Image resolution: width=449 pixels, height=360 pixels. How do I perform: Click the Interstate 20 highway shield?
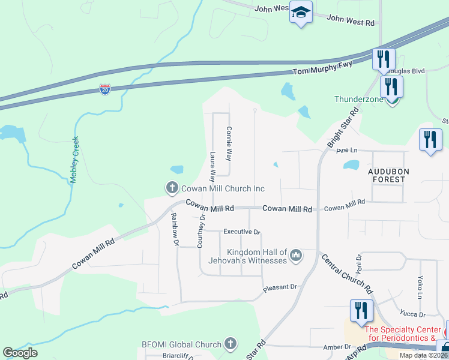[105, 89]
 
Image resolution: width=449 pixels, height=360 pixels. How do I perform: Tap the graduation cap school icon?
[301, 12]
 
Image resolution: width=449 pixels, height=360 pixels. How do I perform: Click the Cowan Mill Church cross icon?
[172, 188]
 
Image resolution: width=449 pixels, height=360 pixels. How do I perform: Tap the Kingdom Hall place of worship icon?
[295, 257]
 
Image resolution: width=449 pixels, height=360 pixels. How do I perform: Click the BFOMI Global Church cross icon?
[229, 344]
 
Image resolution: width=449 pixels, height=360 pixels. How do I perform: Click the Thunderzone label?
[358, 98]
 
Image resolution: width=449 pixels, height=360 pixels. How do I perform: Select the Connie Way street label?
[228, 143]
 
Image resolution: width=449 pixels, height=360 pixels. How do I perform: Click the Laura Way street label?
[212, 167]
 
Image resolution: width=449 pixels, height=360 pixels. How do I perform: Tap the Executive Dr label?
[241, 232]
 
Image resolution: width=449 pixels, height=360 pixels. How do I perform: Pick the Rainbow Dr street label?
[175, 230]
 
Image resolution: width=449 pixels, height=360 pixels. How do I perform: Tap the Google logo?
[20, 353]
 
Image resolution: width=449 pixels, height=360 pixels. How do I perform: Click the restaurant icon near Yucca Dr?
[361, 311]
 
